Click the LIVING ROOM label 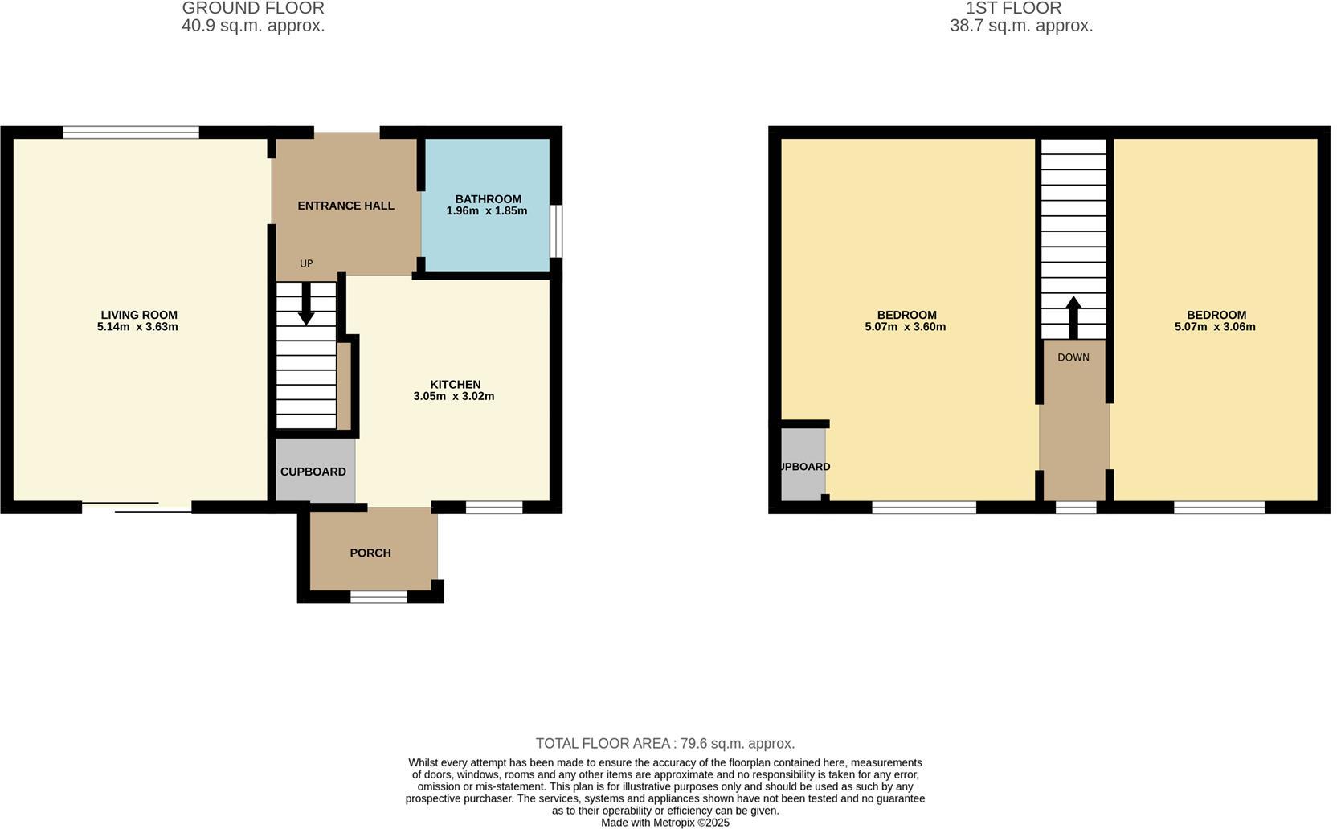pyautogui.click(x=139, y=315)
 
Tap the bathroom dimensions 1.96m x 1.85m pyautogui.click(x=487, y=211)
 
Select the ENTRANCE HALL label pyautogui.click(x=345, y=206)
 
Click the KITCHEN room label pyautogui.click(x=455, y=385)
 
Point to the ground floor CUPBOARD pyautogui.click(x=313, y=472)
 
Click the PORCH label pyautogui.click(x=370, y=553)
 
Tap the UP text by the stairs pyautogui.click(x=306, y=263)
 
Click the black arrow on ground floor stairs pyautogui.click(x=306, y=304)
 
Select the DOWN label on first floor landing pyautogui.click(x=1073, y=357)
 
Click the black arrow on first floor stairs pyautogui.click(x=1073, y=316)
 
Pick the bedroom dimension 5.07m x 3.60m pyautogui.click(x=906, y=327)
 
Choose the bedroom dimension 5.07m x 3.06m pyautogui.click(x=1215, y=327)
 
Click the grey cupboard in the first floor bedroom pyautogui.click(x=803, y=467)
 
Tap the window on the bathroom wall pyautogui.click(x=556, y=231)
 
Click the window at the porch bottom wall pyautogui.click(x=378, y=597)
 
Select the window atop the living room pyautogui.click(x=131, y=133)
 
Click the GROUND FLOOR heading pyautogui.click(x=253, y=9)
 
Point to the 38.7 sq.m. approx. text pyautogui.click(x=1021, y=26)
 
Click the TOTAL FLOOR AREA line pyautogui.click(x=664, y=744)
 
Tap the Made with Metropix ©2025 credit pyautogui.click(x=665, y=823)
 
